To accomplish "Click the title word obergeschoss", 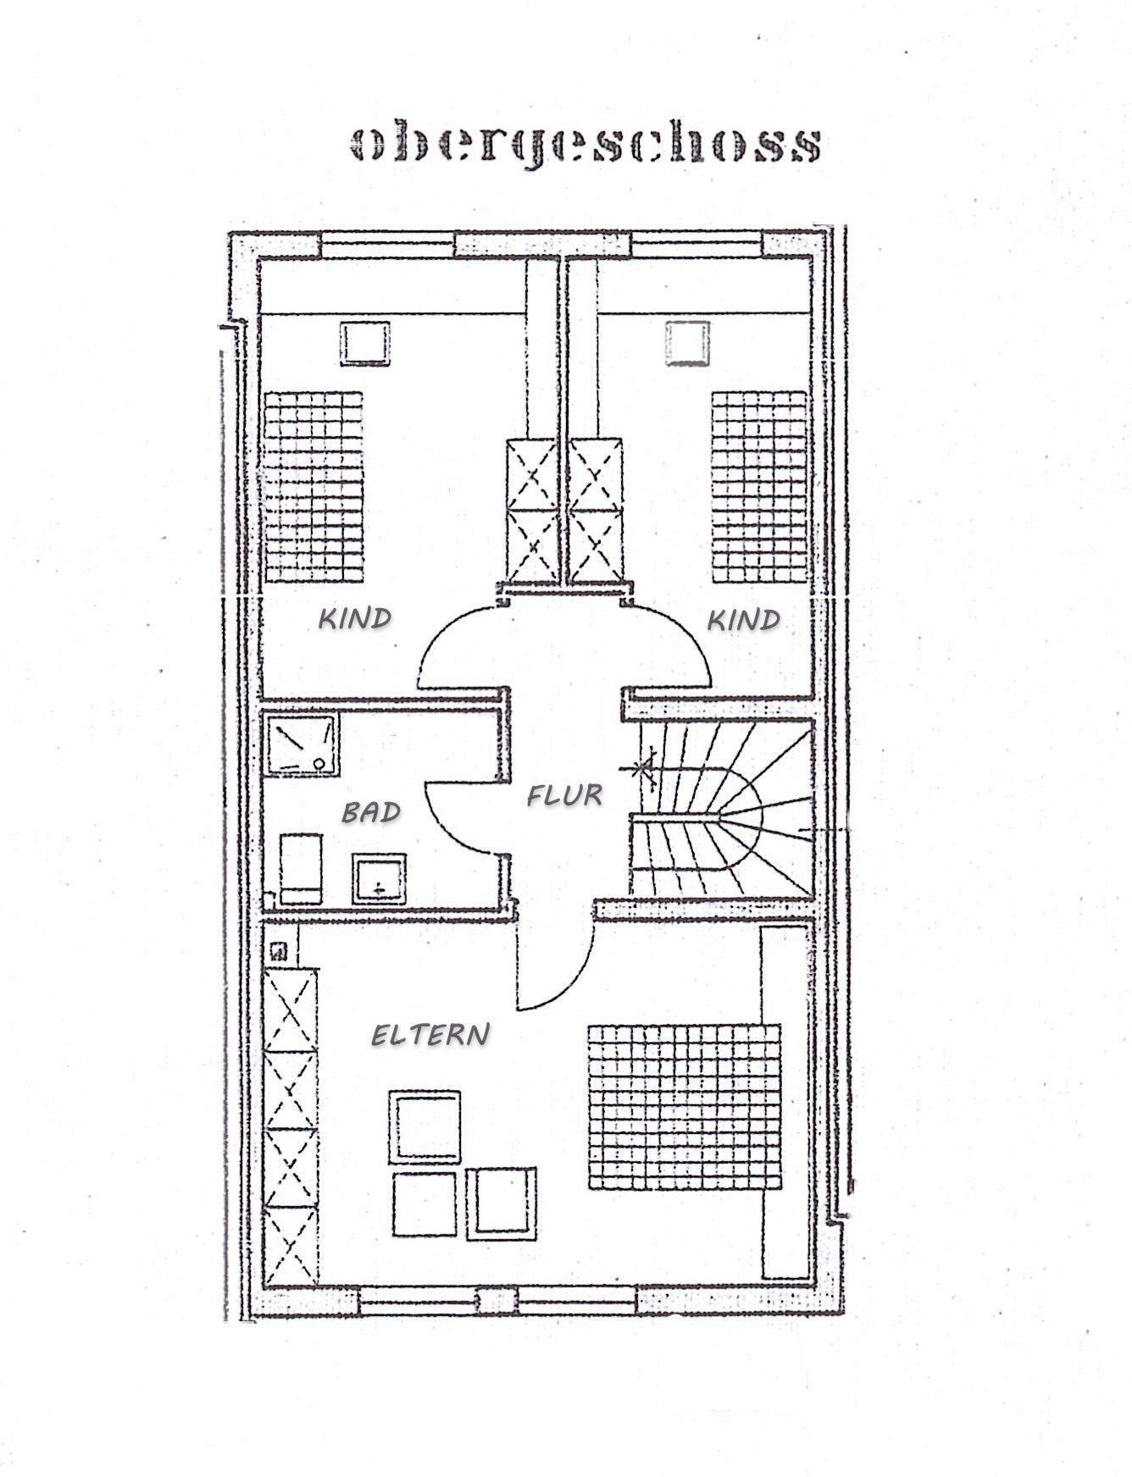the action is [x=585, y=145].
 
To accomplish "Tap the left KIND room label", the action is [x=355, y=618].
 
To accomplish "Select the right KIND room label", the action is [x=744, y=621].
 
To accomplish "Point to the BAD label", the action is [x=371, y=813].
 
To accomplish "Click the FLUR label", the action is [x=565, y=795].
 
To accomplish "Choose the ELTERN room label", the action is [x=431, y=1034].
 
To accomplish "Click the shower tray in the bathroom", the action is [x=302, y=744].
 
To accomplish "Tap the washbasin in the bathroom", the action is [x=379, y=879].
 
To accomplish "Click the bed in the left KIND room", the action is [x=314, y=486].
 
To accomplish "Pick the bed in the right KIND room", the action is [x=759, y=486].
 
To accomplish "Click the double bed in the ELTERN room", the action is [x=684, y=1107].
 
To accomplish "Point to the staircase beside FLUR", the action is [x=720, y=809].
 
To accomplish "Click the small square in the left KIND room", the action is [x=365, y=343].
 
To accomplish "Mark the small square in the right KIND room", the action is [x=686, y=343].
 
